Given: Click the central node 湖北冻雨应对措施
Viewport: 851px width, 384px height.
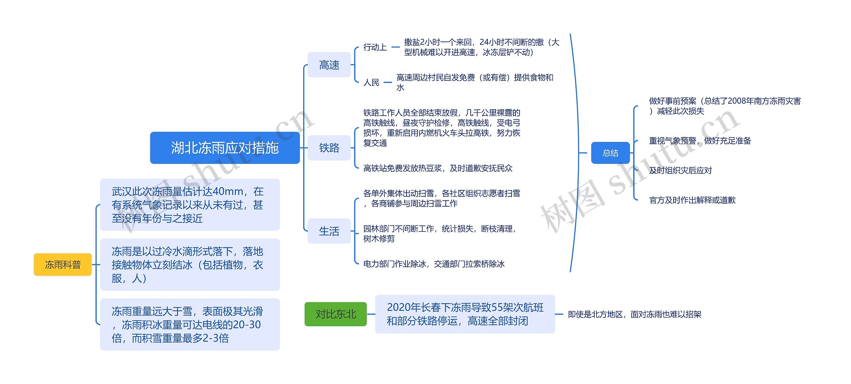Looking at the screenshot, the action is point(225,148).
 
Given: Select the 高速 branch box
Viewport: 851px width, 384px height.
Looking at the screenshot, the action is point(329,65).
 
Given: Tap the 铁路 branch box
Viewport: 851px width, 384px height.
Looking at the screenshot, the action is point(329,148).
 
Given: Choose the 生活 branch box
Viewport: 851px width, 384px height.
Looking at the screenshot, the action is point(329,231).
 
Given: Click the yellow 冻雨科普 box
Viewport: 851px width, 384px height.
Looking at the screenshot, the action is point(62,264).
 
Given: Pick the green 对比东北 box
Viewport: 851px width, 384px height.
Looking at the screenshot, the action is point(336,314).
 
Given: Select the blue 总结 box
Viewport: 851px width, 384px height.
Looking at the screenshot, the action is point(610,153).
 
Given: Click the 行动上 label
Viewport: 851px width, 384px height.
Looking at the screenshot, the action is point(375,47).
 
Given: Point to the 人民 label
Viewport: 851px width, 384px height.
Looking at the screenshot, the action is point(371,82).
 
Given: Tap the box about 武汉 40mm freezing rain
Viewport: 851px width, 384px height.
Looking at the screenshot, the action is point(190,205).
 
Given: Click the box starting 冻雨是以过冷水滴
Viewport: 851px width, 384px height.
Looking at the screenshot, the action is point(190,264).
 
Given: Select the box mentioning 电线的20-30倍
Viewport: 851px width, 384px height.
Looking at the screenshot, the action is point(190,324).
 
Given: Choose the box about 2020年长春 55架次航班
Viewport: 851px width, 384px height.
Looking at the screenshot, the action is point(465,314).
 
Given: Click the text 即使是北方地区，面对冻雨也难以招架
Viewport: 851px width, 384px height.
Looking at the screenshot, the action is point(635,314).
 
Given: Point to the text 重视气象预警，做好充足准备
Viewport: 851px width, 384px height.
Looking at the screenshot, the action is point(700,141).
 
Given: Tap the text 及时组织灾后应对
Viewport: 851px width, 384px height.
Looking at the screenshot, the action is point(680,170).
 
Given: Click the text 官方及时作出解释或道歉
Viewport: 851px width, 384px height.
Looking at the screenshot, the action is point(692,200).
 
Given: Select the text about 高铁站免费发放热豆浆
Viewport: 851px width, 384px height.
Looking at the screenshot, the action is point(438,168).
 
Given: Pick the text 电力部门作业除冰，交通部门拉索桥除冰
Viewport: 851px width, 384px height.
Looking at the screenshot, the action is point(434,264).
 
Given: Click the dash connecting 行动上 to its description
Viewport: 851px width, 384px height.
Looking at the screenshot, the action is point(396,47).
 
